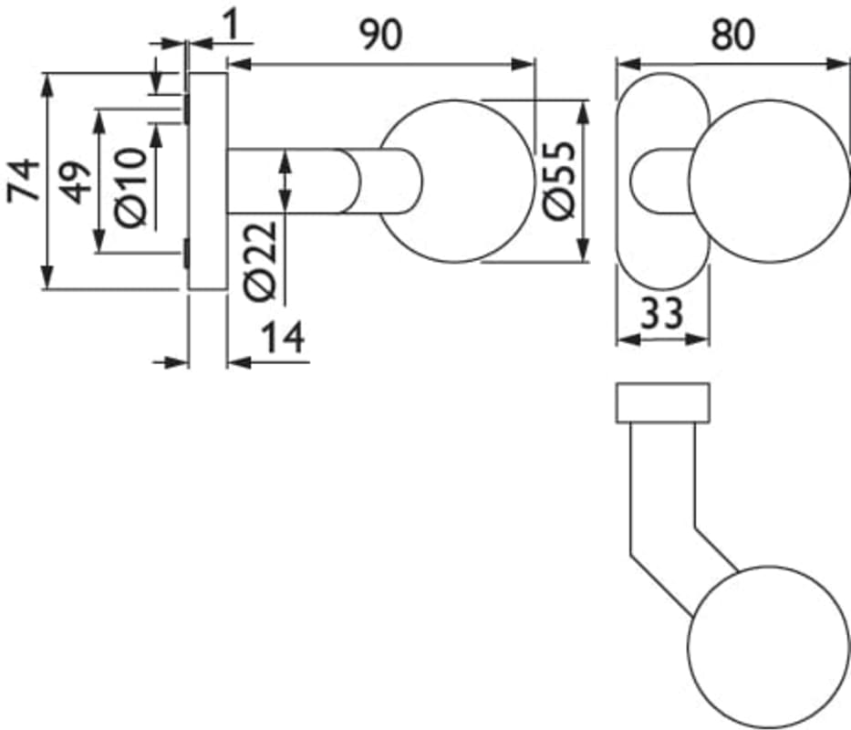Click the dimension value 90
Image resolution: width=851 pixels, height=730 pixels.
379,35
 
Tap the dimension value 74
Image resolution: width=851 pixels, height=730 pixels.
25,181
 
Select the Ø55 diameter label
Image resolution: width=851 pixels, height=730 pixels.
558,180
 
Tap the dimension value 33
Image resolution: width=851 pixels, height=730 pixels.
662,315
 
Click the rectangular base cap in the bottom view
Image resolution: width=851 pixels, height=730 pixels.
663,403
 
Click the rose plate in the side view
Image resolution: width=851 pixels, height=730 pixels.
207,181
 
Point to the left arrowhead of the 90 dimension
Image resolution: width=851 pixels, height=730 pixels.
235,64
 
